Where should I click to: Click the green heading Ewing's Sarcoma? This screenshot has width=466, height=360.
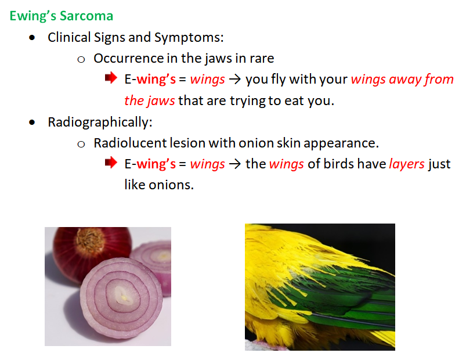point(61,16)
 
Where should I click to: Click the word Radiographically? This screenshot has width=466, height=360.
point(100,123)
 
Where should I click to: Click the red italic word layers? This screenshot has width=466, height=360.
point(407,164)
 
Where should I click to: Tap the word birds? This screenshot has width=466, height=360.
point(338,164)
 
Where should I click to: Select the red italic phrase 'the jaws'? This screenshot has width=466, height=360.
point(150,101)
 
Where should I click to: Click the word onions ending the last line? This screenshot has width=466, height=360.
point(171,185)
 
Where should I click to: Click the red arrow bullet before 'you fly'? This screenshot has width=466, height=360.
point(111,78)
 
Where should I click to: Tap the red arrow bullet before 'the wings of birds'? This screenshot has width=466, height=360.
point(111,163)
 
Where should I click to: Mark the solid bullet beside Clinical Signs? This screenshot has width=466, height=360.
point(32,38)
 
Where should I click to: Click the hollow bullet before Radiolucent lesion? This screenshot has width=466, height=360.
point(81,145)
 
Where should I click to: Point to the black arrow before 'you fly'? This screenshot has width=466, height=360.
point(235,80)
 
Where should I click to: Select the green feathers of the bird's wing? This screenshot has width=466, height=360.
point(342,297)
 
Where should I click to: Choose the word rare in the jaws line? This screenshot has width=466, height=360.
point(262,59)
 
